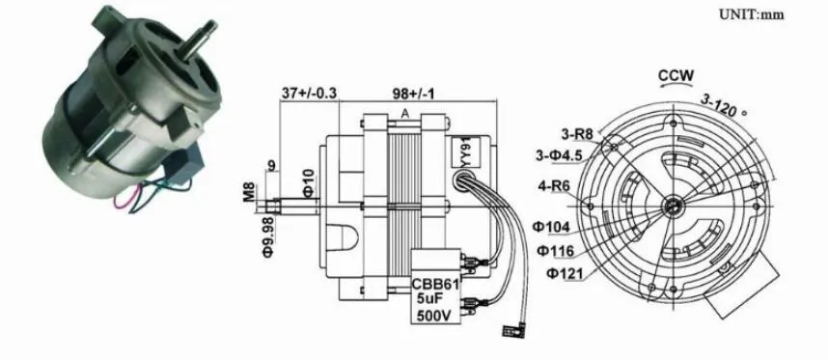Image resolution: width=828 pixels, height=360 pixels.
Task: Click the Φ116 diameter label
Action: coord(558,251)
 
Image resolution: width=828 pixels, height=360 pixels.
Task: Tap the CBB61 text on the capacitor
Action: coord(435,285)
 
